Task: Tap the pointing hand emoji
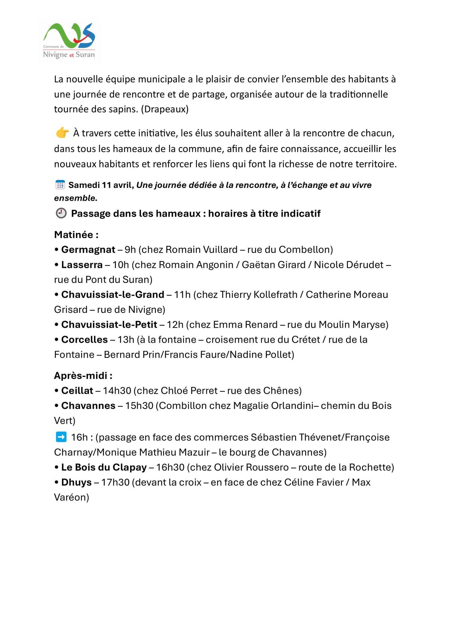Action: tap(62, 133)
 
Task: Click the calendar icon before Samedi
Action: tap(60, 185)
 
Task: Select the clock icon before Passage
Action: tap(61, 213)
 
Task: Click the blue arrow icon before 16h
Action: tap(61, 437)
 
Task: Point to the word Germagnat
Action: tap(88, 249)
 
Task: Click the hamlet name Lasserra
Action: tap(82, 264)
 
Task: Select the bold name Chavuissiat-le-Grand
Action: tap(113, 294)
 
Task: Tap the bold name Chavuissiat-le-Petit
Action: tap(109, 324)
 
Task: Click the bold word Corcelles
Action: tap(84, 339)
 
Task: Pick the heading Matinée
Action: tap(76, 234)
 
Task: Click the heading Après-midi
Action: tap(83, 376)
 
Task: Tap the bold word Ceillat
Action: tap(77, 391)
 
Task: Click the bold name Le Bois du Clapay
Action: tap(104, 467)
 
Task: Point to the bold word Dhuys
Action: tap(76, 482)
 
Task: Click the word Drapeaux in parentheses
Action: tap(165, 109)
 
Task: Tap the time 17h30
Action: tap(115, 482)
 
